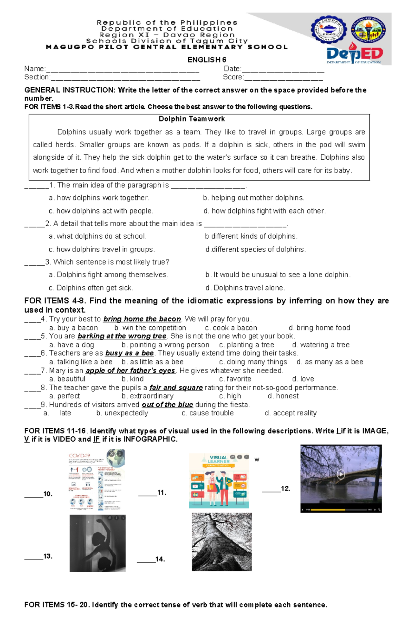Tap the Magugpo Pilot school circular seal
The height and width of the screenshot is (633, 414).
point(328,30)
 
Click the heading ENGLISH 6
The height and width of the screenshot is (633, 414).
point(207,60)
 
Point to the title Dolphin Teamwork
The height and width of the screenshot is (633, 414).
point(191,119)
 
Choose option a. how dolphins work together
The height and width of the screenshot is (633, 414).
point(99,198)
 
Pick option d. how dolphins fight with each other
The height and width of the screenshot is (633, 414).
point(265,211)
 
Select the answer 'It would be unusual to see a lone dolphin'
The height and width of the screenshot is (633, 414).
point(278,275)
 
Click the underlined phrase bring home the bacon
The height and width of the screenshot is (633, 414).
point(142,319)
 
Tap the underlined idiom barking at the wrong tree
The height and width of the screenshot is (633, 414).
point(122,336)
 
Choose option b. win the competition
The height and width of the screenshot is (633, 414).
point(150,328)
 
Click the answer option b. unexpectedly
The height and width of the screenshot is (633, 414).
point(122,413)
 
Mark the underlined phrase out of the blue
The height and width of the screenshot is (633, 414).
point(167,405)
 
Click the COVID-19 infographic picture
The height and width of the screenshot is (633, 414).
point(97,479)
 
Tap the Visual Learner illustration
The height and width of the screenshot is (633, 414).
point(219,481)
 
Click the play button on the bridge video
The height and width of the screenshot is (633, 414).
point(341,474)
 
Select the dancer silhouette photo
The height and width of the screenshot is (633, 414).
point(98,543)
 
